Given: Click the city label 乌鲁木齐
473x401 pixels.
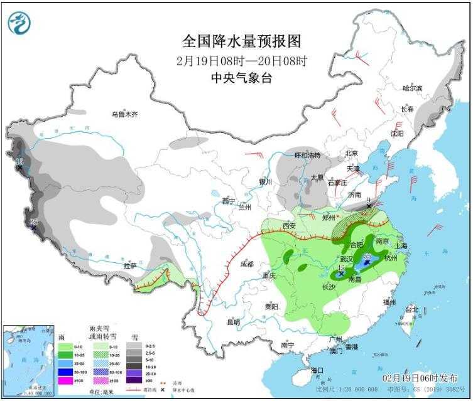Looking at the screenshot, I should tap(124, 114).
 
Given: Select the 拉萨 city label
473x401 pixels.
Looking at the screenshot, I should tap(129, 266).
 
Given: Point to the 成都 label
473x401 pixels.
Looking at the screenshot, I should tap(247, 264).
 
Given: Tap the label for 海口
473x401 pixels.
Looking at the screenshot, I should tap(316, 370).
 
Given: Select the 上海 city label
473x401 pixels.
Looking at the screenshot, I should tap(399, 245).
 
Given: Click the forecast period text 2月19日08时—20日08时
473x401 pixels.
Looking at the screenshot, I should tap(241, 60).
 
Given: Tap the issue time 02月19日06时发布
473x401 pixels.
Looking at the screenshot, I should tap(424, 380).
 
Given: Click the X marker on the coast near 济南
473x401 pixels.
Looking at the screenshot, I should tap(369, 206).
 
